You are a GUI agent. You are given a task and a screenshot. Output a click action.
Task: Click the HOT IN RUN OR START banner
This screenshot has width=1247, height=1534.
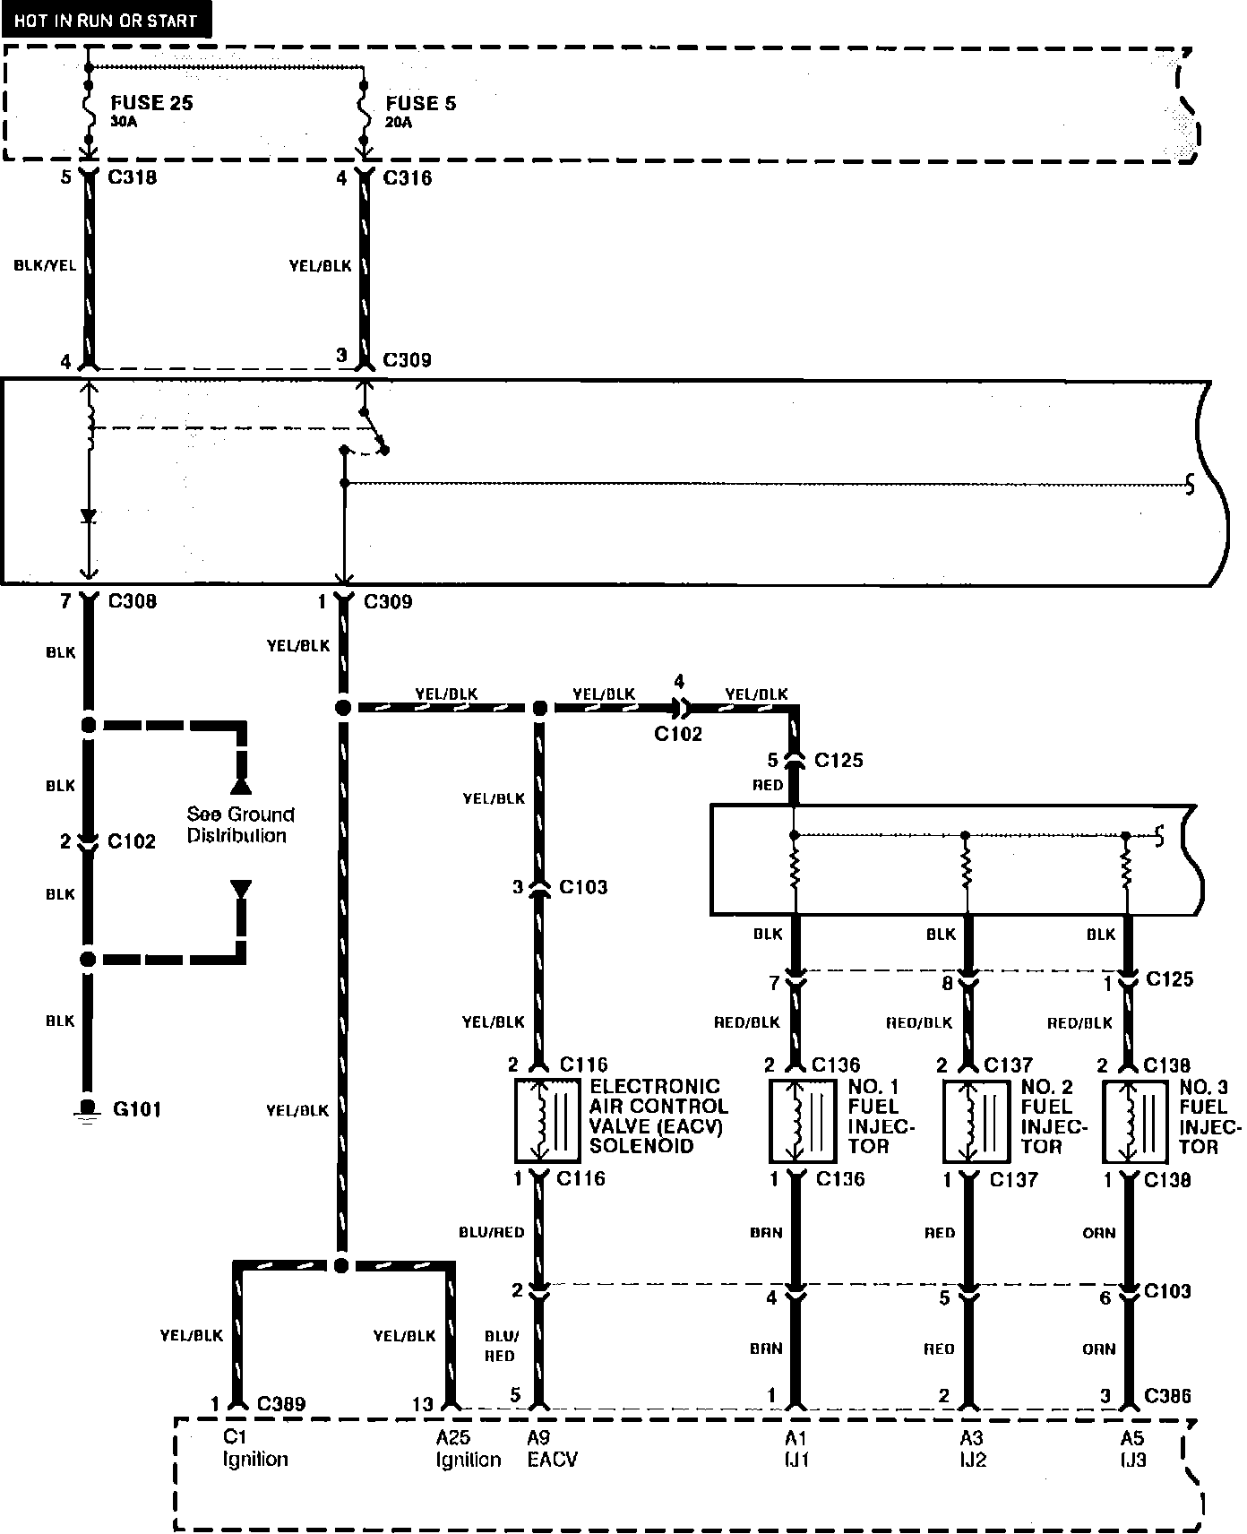[x=106, y=20]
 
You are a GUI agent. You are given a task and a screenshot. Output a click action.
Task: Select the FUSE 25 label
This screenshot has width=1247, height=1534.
[x=151, y=102]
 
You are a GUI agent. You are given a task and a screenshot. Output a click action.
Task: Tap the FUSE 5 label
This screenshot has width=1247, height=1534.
[x=420, y=103]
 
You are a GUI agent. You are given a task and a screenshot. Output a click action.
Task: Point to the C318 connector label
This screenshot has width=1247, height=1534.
[x=132, y=177]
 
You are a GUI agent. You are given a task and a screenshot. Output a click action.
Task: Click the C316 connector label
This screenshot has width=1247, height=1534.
[x=407, y=178]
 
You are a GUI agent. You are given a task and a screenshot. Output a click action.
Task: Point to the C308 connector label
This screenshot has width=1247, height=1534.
[x=132, y=601]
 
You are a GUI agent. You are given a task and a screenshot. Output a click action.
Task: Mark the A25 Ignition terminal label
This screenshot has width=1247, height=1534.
[x=468, y=1449]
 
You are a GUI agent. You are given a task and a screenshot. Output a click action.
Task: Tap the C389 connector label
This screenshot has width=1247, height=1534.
[x=281, y=1404]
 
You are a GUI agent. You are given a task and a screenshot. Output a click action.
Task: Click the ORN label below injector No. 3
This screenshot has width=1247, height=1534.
[x=1098, y=1233]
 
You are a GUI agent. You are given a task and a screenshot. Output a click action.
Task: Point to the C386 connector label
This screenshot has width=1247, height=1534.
[x=1168, y=1396]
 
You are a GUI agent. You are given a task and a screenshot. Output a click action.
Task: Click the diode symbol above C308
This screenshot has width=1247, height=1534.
[x=88, y=517]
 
